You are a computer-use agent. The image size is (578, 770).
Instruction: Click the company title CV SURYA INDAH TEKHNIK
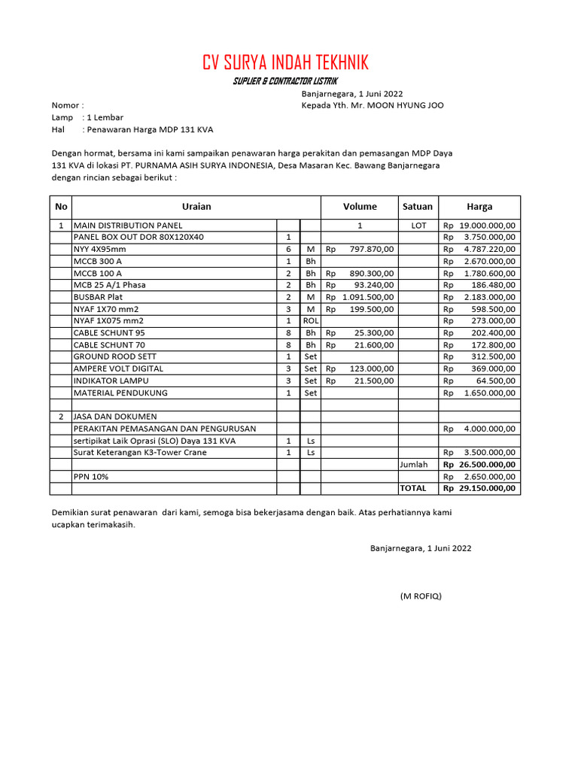285,62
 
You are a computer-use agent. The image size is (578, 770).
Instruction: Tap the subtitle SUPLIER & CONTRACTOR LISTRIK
285,81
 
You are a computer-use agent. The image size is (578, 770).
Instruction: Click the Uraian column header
196,207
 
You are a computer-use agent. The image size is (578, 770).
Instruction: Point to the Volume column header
360,207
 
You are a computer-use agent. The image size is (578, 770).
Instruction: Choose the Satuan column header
418,207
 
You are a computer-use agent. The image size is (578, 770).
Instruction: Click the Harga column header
479,207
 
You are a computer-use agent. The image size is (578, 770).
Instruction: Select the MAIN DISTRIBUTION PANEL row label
128,226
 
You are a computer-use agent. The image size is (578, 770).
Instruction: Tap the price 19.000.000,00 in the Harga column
487,226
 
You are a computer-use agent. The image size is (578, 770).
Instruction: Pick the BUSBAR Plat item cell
99,297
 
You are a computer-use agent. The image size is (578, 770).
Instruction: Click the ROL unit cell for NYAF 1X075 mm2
310,321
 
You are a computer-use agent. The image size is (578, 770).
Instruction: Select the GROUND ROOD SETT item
114,356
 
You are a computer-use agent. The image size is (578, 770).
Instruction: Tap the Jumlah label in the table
414,465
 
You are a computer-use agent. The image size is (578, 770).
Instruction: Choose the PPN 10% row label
90,477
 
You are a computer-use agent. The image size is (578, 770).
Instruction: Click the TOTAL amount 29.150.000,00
487,489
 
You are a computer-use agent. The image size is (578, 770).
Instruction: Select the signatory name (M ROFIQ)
421,596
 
